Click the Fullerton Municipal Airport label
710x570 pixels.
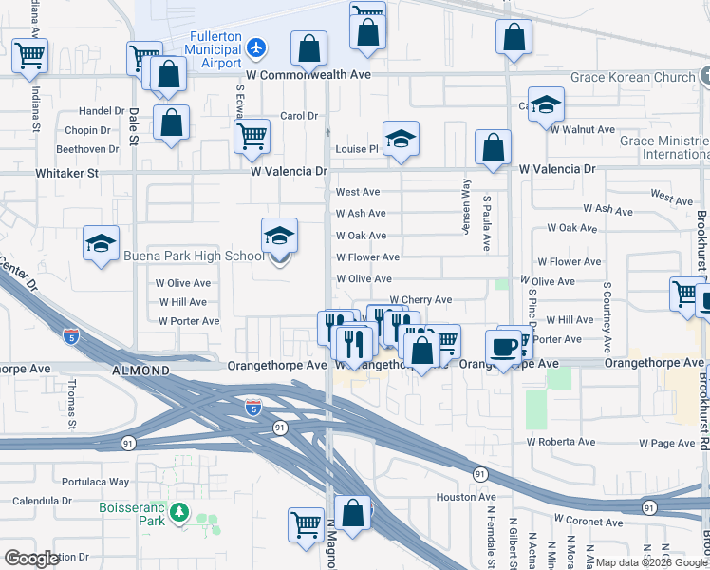(x=213, y=48)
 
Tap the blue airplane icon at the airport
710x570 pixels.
(x=255, y=47)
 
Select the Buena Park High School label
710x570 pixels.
(x=193, y=256)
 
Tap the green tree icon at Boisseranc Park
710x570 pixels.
(x=178, y=514)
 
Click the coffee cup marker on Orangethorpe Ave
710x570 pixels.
(x=504, y=347)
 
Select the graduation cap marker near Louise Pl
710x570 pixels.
(x=401, y=139)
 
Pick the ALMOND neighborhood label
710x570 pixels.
(x=141, y=368)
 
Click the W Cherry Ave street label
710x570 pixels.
(x=420, y=300)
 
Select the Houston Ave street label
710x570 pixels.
(x=466, y=497)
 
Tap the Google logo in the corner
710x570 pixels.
(x=32, y=559)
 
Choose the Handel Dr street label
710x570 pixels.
(x=103, y=111)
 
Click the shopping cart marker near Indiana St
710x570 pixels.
(x=29, y=56)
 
